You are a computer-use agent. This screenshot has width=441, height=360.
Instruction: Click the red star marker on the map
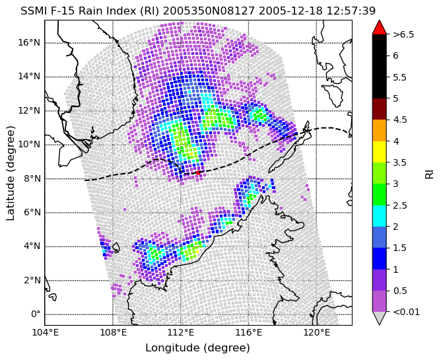point(198,172)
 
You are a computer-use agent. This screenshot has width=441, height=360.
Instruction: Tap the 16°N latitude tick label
point(29,43)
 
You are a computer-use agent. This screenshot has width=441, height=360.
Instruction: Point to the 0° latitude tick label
point(36,314)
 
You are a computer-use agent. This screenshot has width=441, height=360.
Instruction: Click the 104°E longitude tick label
point(45,333)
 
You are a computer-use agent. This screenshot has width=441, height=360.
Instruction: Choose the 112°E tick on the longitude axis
point(181,333)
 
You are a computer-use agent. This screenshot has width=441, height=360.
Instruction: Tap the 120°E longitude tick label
point(316,333)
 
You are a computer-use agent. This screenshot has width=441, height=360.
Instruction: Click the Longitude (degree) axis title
point(197,348)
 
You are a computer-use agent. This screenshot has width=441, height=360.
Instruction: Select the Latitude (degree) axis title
point(10,173)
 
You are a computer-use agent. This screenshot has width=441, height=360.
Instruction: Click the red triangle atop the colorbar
point(379,27)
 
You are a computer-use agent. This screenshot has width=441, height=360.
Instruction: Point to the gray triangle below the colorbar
point(379,318)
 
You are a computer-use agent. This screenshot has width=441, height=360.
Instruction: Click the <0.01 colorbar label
point(407,312)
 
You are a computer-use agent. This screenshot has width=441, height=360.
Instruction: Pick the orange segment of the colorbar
point(379,130)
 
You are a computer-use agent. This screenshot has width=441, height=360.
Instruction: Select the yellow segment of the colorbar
point(379,152)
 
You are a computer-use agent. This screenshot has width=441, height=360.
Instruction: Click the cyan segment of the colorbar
point(379,216)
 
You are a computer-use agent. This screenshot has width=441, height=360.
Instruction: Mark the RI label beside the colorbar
point(429,173)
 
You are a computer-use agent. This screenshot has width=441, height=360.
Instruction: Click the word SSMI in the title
point(30,11)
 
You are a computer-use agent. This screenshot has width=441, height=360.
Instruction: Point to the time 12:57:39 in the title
point(351,11)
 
